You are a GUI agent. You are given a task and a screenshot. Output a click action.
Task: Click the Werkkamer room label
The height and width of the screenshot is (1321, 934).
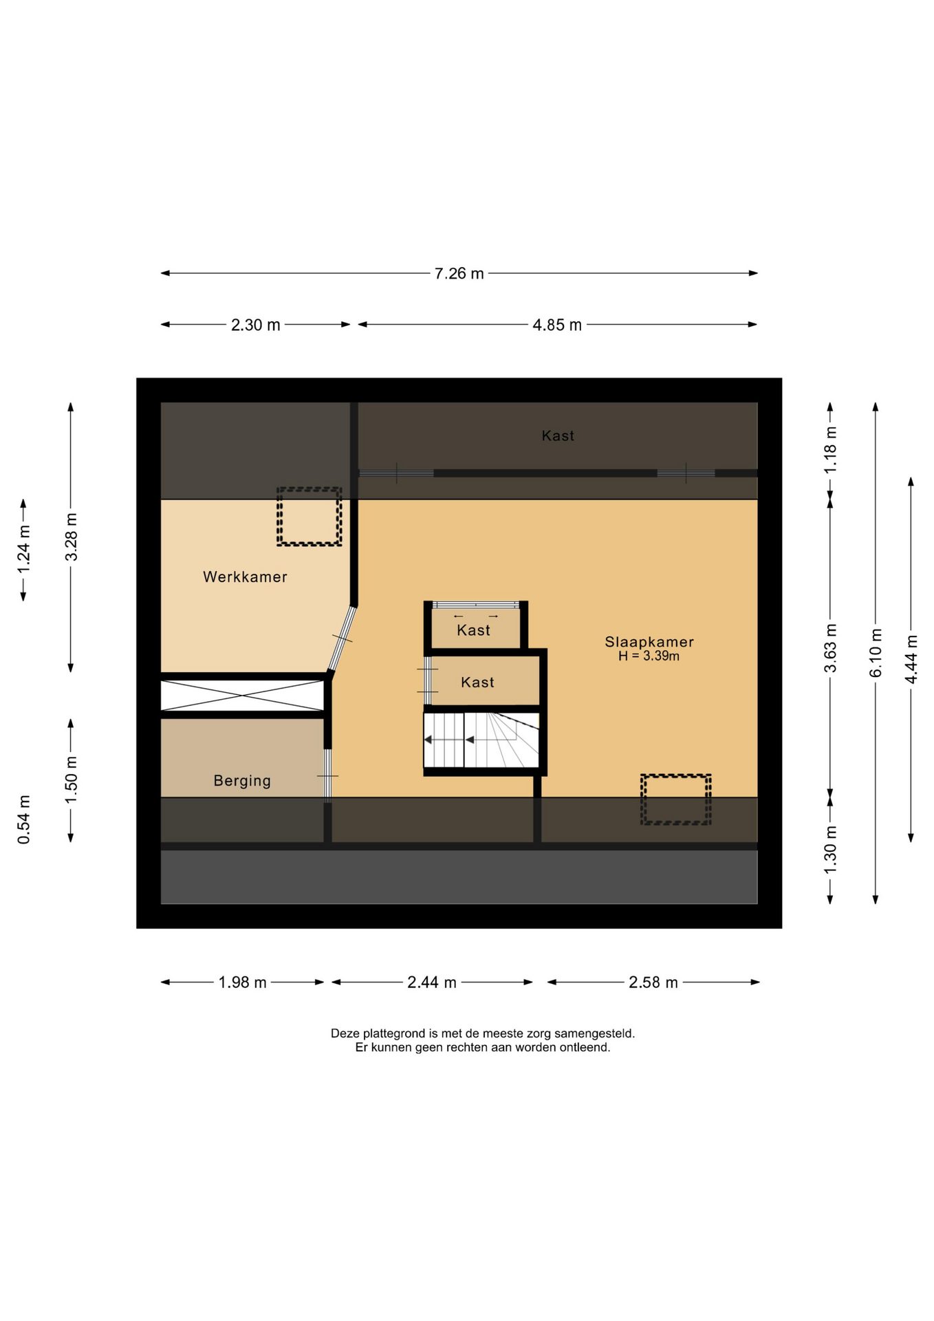[x=245, y=577]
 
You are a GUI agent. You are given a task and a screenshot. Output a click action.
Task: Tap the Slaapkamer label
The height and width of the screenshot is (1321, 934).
[x=649, y=641]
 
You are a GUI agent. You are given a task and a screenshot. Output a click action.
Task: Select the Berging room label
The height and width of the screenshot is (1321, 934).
[x=242, y=780]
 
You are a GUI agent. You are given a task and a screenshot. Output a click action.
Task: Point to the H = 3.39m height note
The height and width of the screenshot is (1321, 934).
[x=649, y=656]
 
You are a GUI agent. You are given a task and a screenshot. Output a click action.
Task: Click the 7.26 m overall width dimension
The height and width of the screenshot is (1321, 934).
[x=459, y=273]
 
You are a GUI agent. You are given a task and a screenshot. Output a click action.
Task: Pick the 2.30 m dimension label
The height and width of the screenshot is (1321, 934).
[x=255, y=325]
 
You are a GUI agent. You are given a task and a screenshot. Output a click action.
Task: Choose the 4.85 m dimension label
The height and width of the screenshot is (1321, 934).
[x=557, y=325]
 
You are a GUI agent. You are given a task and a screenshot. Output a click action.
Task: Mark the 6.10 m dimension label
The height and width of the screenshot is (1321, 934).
[x=876, y=653]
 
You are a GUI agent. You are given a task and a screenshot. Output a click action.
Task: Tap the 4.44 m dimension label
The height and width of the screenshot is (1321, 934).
[x=911, y=660]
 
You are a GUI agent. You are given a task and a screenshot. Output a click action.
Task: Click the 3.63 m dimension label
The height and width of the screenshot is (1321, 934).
[x=830, y=648]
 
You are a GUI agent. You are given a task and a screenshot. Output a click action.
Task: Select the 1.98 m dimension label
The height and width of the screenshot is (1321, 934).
[x=242, y=982]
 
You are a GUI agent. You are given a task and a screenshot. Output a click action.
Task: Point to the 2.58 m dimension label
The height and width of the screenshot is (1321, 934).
[x=653, y=982]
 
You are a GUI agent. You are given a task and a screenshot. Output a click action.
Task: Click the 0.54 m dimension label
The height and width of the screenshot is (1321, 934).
[x=24, y=819]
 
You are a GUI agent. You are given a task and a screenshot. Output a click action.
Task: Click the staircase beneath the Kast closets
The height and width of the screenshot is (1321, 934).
[x=481, y=740]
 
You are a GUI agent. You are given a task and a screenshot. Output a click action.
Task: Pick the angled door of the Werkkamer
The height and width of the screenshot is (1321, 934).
[x=342, y=639]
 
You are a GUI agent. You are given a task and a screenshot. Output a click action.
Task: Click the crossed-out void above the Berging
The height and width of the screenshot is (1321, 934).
[x=242, y=696]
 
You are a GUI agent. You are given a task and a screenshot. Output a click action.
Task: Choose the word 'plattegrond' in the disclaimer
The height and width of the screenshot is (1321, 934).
[x=393, y=1033]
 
